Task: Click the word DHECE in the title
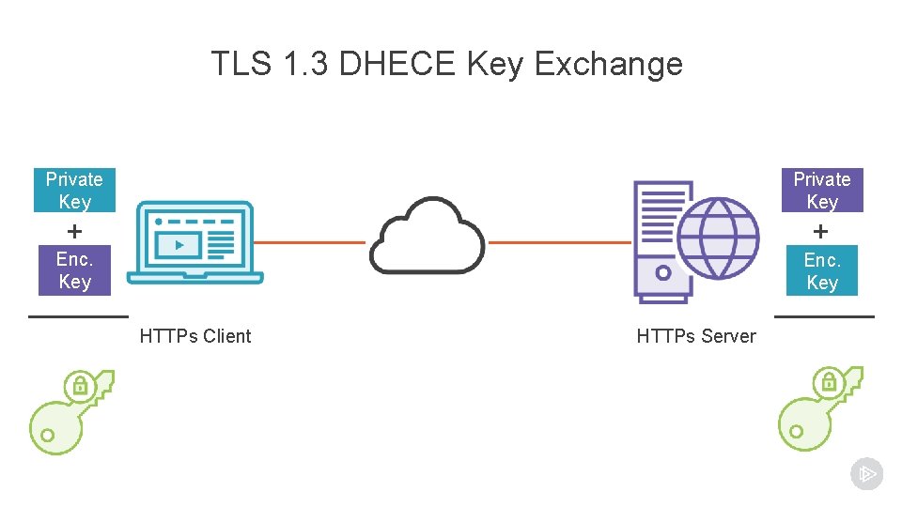click(x=397, y=64)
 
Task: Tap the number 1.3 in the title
click(x=302, y=64)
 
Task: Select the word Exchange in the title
click(x=608, y=64)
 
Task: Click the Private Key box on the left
click(x=74, y=191)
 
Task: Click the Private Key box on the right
click(x=822, y=191)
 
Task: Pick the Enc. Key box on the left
click(x=74, y=270)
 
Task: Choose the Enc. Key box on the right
click(x=822, y=271)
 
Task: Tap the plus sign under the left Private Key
click(x=74, y=230)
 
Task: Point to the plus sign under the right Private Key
click(x=821, y=230)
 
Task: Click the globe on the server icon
click(x=718, y=238)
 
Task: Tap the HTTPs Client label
click(x=195, y=336)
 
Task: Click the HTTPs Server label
click(x=696, y=336)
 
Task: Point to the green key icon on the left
click(x=70, y=413)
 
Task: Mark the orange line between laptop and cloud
click(x=310, y=242)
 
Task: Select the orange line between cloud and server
click(x=560, y=242)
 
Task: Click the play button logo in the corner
click(x=866, y=474)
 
